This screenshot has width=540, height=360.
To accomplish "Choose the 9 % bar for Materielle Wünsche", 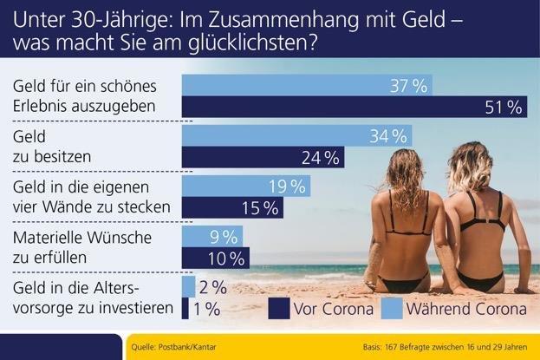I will [x=211, y=237].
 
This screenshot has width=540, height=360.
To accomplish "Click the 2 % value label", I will [x=212, y=287].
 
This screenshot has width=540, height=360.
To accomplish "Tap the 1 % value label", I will [x=205, y=308].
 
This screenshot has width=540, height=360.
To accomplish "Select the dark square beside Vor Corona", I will [x=279, y=308].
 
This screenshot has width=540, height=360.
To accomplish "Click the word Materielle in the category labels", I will [x=49, y=237].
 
